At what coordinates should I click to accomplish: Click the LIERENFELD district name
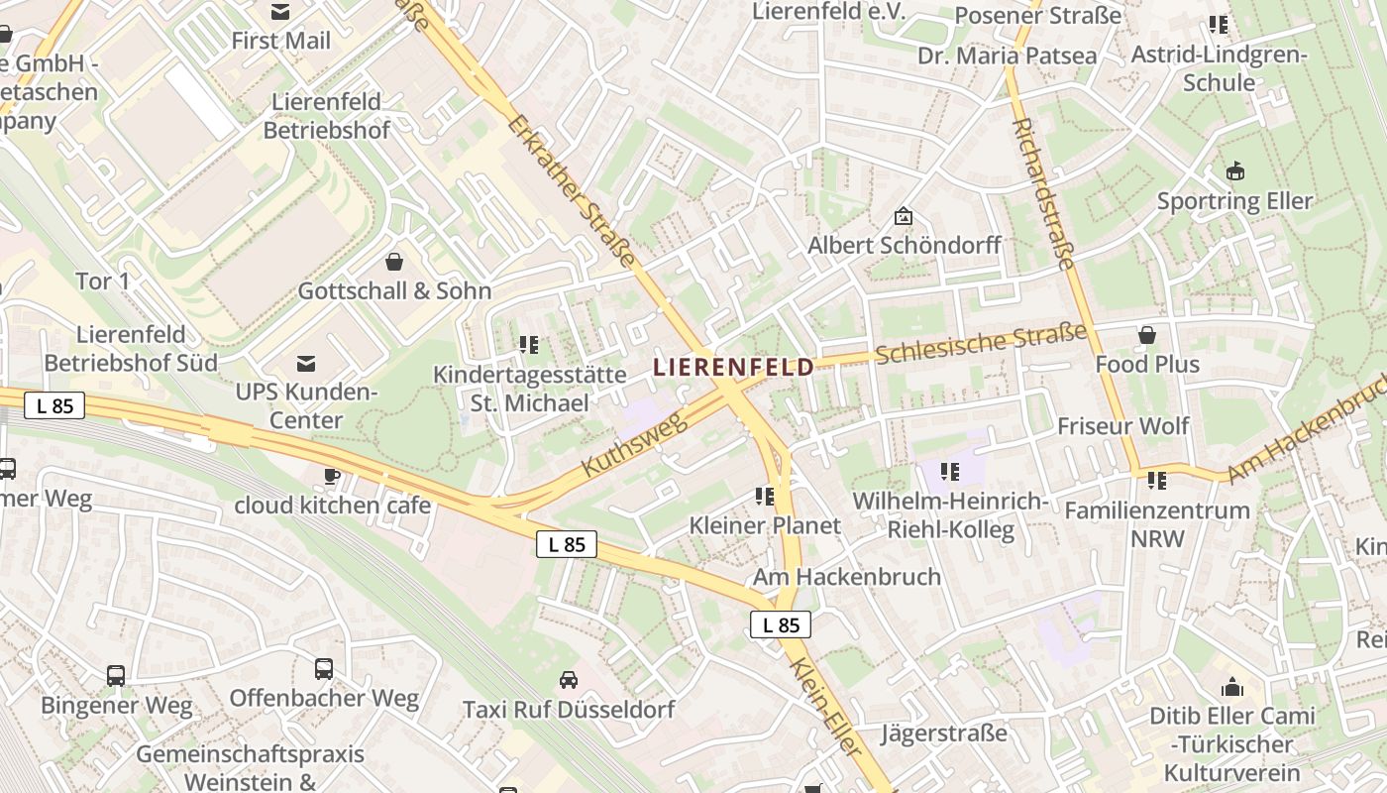(x=733, y=367)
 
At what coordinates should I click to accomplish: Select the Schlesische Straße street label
(x=981, y=342)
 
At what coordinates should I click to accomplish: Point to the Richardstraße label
(x=1044, y=194)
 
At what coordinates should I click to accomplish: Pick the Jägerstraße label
(x=943, y=734)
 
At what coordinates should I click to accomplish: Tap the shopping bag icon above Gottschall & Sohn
(x=394, y=262)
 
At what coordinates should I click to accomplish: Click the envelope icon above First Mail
(x=280, y=12)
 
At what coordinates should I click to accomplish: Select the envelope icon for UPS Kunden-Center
(x=306, y=364)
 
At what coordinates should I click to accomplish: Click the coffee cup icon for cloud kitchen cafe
(x=332, y=476)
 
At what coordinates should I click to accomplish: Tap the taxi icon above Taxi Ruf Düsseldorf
(x=569, y=680)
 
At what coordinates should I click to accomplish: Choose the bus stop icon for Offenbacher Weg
(x=324, y=668)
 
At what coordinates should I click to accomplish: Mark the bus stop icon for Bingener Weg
(x=116, y=676)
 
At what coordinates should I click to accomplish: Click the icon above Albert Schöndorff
(x=904, y=215)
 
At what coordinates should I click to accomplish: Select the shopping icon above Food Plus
(x=1147, y=335)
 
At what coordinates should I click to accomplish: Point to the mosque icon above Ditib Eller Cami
(x=1232, y=686)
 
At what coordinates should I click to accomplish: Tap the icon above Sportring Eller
(x=1234, y=171)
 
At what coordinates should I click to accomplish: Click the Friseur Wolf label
(x=1122, y=426)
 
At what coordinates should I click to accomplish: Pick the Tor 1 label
(x=103, y=282)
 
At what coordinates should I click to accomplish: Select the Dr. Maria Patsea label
(x=1007, y=56)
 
